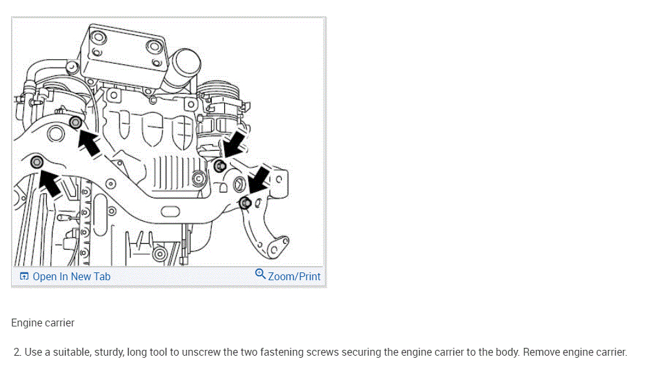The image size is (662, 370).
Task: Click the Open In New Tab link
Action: pyautogui.click(x=71, y=276)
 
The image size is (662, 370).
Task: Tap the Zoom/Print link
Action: pyautogui.click(x=294, y=276)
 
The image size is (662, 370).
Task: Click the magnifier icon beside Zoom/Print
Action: pyautogui.click(x=261, y=274)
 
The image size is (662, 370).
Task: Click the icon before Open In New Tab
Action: pyautogui.click(x=24, y=276)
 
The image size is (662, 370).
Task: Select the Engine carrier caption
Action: pyautogui.click(x=43, y=323)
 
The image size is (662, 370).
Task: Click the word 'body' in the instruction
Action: pyautogui.click(x=506, y=352)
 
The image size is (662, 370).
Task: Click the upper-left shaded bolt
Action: pyautogui.click(x=75, y=122)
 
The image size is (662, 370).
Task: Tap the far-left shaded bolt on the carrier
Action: pyautogui.click(x=37, y=161)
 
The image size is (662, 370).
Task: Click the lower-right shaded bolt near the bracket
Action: pyautogui.click(x=245, y=203)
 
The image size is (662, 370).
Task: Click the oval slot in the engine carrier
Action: pyautogui.click(x=170, y=211)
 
